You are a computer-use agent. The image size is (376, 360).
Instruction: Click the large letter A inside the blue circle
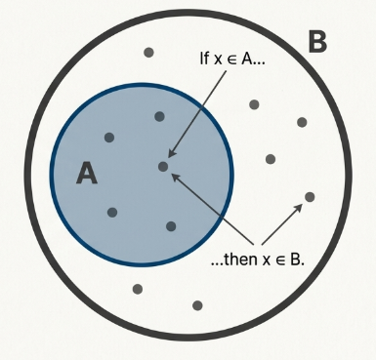tap(88, 173)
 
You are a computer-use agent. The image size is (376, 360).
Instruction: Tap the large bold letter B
tap(317, 42)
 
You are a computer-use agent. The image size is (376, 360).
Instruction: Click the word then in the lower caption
tap(237, 260)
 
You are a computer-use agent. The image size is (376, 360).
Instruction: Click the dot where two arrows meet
tap(163, 166)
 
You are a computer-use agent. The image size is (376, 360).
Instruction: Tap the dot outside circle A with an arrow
tap(310, 197)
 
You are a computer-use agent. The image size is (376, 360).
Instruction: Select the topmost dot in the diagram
tap(148, 53)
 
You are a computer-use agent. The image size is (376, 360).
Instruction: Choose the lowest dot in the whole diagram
tap(197, 305)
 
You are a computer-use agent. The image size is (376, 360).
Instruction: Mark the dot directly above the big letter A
tap(108, 138)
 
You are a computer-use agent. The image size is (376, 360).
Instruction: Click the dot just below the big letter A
tap(112, 212)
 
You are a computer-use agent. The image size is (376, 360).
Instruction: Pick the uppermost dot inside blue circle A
tap(159, 117)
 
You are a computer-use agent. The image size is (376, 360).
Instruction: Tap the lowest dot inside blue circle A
tap(171, 226)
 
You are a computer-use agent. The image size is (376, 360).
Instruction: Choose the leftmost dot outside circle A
tap(138, 289)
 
